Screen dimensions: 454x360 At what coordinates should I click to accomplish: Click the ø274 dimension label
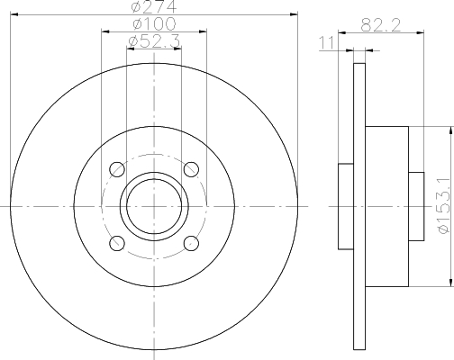coord(154,6)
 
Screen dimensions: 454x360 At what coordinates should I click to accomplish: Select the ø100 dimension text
coord(154,24)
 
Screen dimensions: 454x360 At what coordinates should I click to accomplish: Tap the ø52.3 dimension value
coord(154,41)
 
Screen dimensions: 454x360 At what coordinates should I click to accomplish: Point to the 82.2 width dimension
coord(381,25)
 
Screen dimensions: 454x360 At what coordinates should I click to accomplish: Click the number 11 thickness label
coord(326,43)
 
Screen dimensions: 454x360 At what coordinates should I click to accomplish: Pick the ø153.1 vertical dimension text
coord(445,205)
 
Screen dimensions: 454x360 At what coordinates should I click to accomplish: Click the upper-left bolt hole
coord(117,169)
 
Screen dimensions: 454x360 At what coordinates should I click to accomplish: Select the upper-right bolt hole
coord(191,169)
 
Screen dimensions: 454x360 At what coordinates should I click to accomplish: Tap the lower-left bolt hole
coord(117,243)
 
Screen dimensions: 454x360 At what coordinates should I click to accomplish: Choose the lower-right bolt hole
coord(191,243)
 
